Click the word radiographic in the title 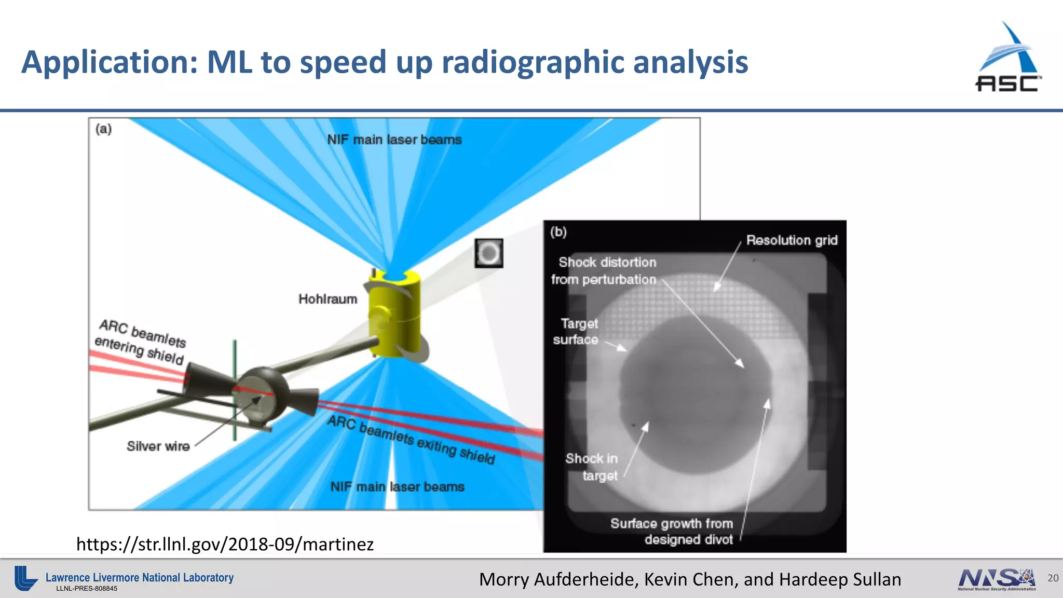(533, 62)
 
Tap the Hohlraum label (328, 299)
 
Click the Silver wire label (158, 446)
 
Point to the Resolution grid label (792, 240)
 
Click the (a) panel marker (104, 129)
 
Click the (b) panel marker (558, 232)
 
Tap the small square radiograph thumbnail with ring (488, 253)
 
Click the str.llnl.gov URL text (225, 544)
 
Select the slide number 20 (1053, 578)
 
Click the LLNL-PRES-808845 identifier (87, 589)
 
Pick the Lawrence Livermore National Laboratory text (139, 577)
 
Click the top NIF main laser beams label (394, 140)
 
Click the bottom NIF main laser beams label (397, 487)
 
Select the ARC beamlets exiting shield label (411, 440)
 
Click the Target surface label (576, 331)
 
